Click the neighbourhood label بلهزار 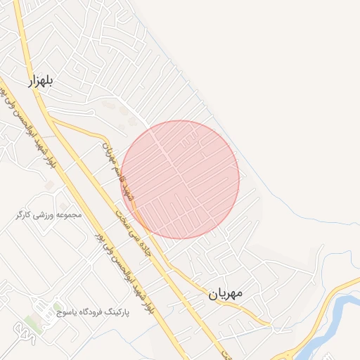click(40, 82)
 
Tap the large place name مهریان click(225, 294)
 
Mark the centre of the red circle click(180, 179)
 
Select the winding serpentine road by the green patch click(28, 336)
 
